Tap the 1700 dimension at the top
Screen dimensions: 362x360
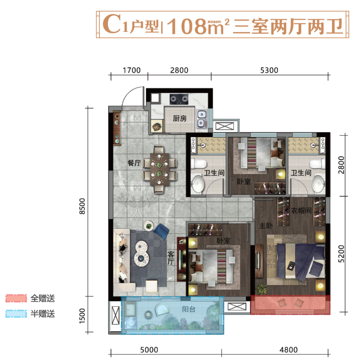[129, 70]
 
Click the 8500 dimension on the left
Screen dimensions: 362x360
[82, 208]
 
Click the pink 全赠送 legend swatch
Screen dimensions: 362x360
[16, 298]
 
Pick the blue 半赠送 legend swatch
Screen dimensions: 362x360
[16, 314]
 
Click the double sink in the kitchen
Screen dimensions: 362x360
[202, 119]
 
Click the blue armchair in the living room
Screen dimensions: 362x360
[162, 231]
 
